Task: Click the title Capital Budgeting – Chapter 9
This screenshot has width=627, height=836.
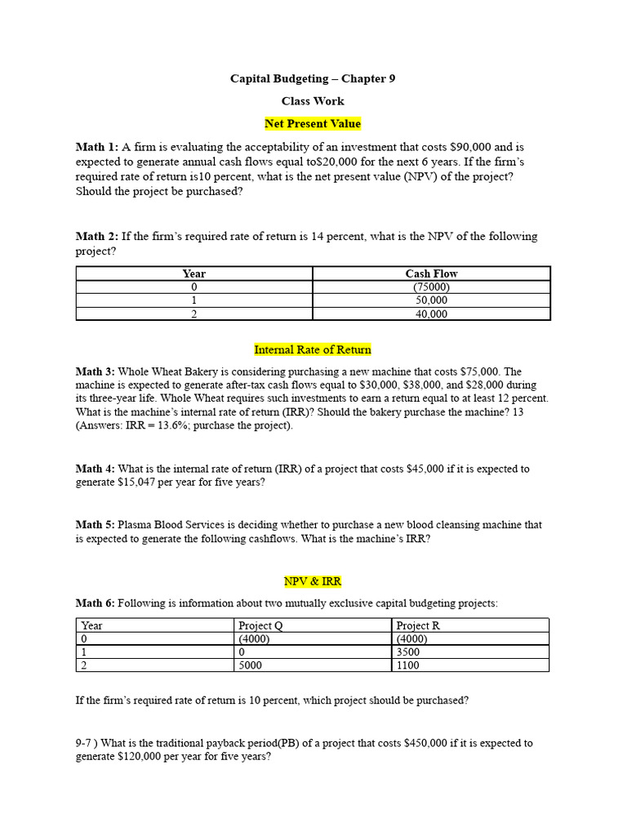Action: pos(313,78)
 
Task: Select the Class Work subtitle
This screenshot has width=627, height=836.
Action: pos(313,101)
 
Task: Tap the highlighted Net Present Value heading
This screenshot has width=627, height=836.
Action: pos(313,124)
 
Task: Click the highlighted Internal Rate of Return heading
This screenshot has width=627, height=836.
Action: pos(313,349)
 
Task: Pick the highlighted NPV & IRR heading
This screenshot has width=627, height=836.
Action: pos(313,581)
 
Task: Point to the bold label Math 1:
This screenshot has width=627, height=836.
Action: pos(97,147)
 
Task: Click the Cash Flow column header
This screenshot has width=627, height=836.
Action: pos(431,273)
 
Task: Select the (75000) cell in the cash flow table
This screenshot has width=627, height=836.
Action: pos(431,287)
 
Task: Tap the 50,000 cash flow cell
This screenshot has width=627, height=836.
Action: pos(431,300)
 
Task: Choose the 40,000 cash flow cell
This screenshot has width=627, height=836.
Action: pos(431,313)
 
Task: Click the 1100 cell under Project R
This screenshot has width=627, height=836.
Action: pos(407,665)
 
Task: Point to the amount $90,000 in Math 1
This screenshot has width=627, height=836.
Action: pos(471,147)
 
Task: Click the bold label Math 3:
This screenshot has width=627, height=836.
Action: pos(96,372)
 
